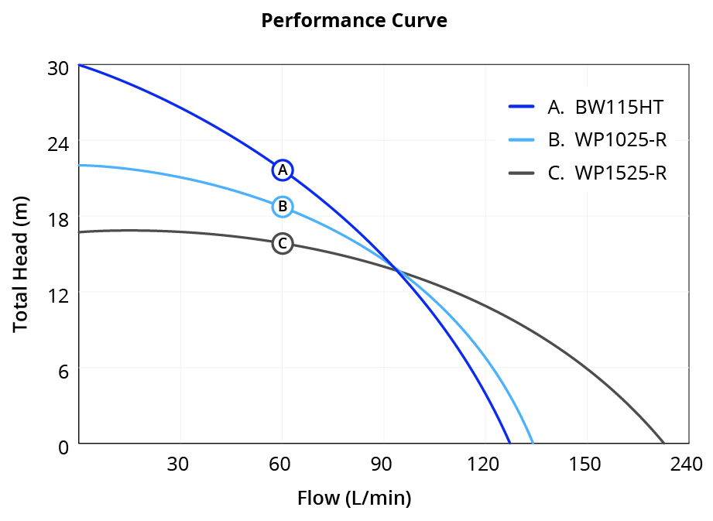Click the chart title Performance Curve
354,21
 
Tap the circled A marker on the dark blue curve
283,170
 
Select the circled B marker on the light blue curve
283,207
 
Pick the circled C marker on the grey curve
283,244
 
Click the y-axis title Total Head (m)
21,256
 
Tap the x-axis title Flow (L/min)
354,498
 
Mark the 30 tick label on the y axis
58,68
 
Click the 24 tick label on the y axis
58,144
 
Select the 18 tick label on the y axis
58,219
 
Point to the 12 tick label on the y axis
58,295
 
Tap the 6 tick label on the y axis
63,371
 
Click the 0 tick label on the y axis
63,447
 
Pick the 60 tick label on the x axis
279,464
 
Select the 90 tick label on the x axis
381,464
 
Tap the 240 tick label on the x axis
686,464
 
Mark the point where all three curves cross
397,270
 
